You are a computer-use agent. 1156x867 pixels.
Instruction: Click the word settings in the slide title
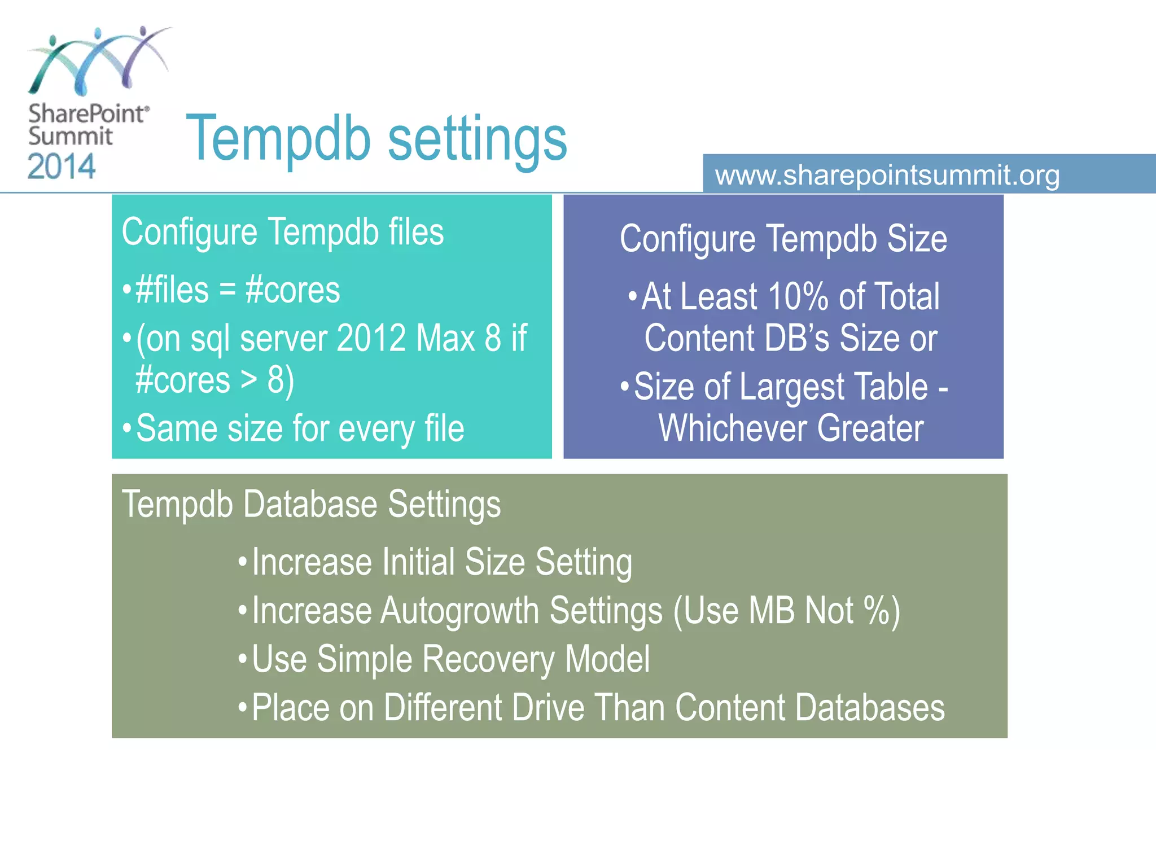(478, 139)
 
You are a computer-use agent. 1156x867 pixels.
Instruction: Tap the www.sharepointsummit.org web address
(887, 175)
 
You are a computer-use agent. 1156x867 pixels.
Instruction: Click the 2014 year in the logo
(62, 167)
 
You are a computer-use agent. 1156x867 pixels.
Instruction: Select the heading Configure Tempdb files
(282, 232)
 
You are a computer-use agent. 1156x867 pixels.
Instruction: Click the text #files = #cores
(237, 290)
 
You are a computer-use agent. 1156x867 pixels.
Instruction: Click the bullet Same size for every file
(300, 428)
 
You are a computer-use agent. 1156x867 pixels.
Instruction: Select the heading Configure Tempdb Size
(783, 239)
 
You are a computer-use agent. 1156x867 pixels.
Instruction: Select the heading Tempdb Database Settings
(311, 504)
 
